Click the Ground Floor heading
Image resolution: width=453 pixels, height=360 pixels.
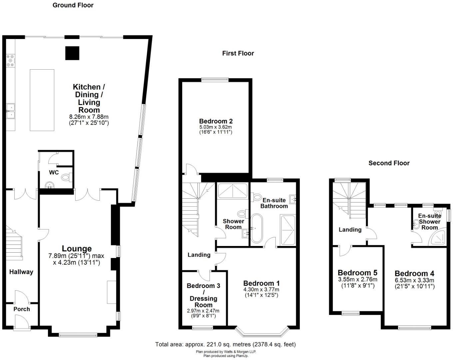[73, 5]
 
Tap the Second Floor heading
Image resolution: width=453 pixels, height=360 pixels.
[389, 163]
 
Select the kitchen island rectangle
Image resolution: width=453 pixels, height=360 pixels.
[42, 100]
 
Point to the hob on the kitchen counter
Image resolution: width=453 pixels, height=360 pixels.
[10, 61]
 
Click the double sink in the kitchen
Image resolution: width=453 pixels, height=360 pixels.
[11, 111]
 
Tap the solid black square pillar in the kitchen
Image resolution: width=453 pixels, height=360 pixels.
[72, 53]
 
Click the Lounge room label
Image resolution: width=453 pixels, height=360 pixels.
[77, 249]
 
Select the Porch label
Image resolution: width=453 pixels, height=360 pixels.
[22, 309]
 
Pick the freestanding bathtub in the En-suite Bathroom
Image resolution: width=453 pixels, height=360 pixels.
[257, 228]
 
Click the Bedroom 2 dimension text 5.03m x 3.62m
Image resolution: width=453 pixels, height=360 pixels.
[216, 127]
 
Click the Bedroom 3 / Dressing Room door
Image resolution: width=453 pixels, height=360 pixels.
[205, 275]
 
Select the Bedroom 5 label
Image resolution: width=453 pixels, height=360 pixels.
[357, 273]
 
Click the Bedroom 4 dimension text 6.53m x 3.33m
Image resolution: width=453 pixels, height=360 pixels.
[414, 280]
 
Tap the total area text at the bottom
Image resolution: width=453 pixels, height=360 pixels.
[226, 344]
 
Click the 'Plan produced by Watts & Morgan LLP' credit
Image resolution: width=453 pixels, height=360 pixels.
[226, 352]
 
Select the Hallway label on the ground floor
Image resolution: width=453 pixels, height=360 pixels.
[21, 272]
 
